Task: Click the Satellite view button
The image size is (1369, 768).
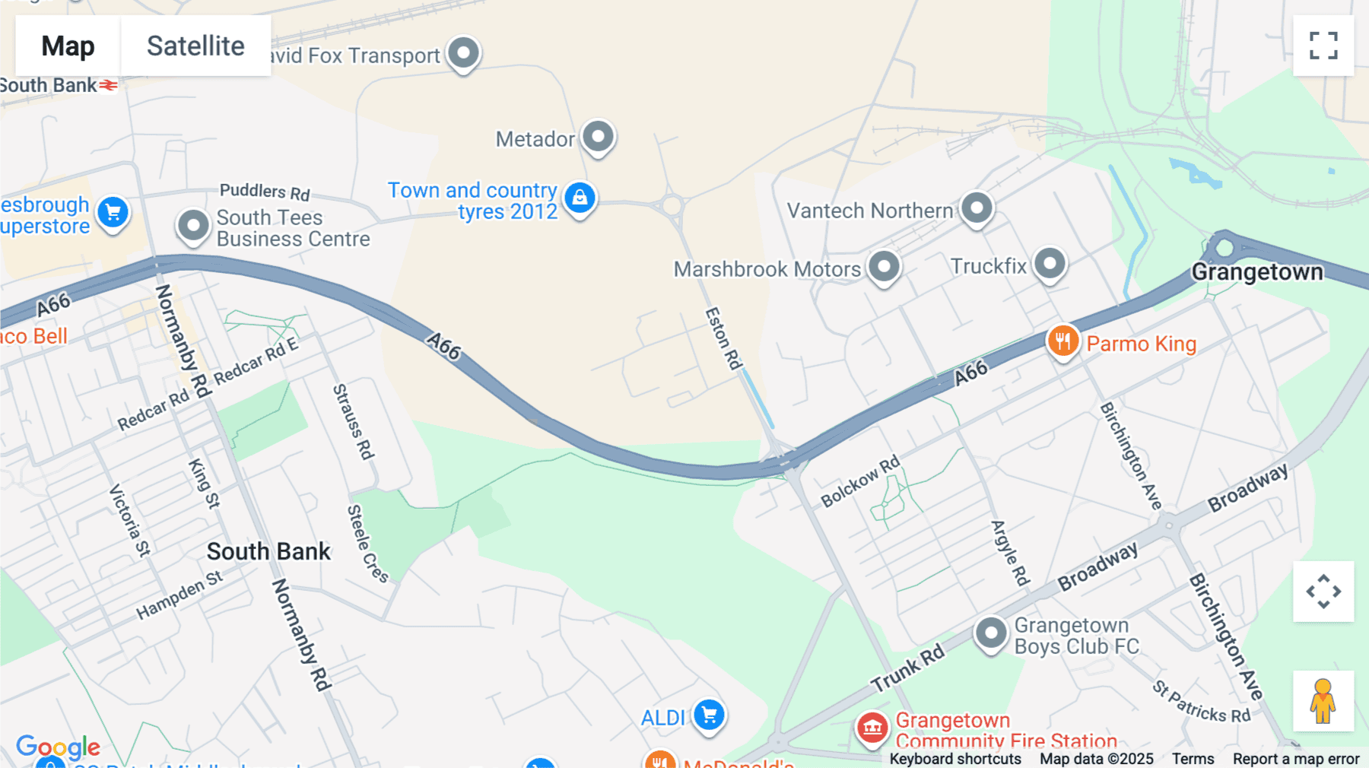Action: click(195, 46)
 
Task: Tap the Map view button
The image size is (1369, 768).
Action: click(68, 46)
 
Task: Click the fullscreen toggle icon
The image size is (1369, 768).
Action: click(1323, 46)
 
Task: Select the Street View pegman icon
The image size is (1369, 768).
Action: click(1323, 701)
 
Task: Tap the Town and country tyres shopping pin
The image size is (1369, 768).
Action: click(580, 198)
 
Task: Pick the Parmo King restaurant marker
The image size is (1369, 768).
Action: click(1063, 341)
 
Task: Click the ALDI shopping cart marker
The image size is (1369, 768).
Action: click(709, 716)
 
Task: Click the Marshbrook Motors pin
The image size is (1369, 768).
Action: click(884, 267)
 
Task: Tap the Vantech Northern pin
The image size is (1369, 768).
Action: click(977, 208)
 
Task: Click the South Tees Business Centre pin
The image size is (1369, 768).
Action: click(193, 226)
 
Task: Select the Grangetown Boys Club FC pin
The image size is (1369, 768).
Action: click(991, 633)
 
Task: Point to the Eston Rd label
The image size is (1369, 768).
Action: click(723, 338)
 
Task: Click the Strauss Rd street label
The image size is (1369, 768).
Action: click(354, 422)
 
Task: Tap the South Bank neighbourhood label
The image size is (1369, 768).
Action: click(268, 551)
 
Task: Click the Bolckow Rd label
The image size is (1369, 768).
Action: click(860, 481)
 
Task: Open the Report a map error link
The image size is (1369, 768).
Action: click(1296, 759)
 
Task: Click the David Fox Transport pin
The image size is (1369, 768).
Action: click(463, 53)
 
